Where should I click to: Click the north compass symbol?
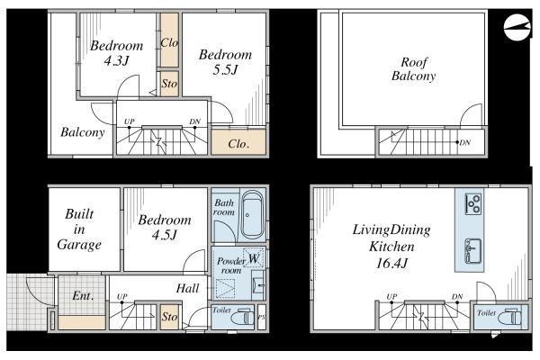click(x=517, y=28)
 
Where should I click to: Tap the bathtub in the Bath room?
click(x=252, y=215)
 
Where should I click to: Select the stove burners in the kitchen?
click(x=472, y=204)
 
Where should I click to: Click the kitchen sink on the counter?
click(x=472, y=251)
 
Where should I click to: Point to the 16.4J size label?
click(x=391, y=264)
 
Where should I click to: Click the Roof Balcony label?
click(x=414, y=69)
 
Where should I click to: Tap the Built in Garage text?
click(x=79, y=229)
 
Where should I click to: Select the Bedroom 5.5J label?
click(x=225, y=62)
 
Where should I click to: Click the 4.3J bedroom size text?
click(x=116, y=61)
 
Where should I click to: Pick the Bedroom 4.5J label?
click(x=165, y=228)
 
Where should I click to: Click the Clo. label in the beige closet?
click(x=238, y=143)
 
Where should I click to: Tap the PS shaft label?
click(x=261, y=317)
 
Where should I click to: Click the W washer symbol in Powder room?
click(x=254, y=258)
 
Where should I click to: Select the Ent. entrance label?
click(x=83, y=295)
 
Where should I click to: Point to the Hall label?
click(x=188, y=288)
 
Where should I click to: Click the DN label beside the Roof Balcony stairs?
click(x=465, y=142)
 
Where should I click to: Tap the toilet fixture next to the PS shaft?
click(x=241, y=317)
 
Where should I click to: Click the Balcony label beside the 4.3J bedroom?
click(x=83, y=132)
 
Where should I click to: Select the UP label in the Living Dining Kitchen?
click(x=391, y=296)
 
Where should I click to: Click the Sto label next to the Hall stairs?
click(x=169, y=316)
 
